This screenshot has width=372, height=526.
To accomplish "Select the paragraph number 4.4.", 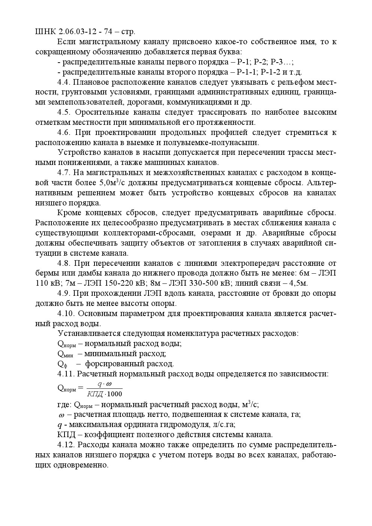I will coord(64,82).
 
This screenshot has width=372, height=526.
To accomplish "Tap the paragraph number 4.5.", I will coord(64,112).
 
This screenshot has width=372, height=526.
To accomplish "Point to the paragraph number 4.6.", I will coord(64,132).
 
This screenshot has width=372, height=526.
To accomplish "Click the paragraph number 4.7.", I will coord(64,172).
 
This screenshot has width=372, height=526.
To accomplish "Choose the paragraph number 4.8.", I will coord(64,263).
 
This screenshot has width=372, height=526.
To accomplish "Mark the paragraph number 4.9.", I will coord(64,293).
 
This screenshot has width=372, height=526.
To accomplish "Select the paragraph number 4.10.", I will coord(66,313).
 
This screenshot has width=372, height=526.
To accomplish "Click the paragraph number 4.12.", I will coord(66,445).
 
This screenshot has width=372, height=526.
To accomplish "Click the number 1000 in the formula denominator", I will coord(114,394).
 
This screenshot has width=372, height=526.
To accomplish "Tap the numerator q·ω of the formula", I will coord(105,384).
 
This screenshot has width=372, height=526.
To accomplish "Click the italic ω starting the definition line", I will coord(62,415).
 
